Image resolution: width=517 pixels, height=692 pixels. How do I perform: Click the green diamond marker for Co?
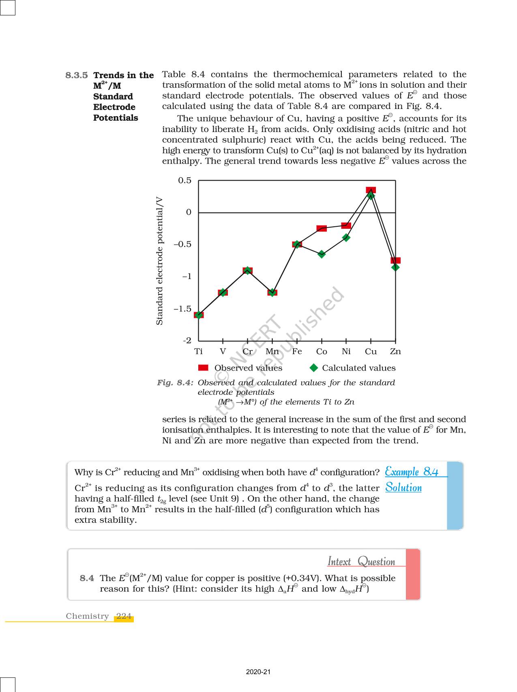point(322,254)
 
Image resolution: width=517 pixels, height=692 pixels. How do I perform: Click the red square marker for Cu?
point(371,190)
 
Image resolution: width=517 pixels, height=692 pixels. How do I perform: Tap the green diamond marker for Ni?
point(346,238)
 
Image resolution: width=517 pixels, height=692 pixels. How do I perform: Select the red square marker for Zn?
point(396,260)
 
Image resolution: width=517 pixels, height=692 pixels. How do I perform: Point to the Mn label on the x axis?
point(272,351)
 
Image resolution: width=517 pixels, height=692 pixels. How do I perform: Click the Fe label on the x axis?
point(297,351)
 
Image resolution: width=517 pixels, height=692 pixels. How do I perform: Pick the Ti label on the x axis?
point(198,351)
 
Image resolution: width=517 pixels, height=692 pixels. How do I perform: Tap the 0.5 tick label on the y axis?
point(184,181)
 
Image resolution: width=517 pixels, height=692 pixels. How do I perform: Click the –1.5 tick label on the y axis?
point(182,309)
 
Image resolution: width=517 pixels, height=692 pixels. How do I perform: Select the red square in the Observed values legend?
point(203,368)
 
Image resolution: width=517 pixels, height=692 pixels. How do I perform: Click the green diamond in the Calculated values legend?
point(314,368)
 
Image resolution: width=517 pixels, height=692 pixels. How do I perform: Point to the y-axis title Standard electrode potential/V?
point(160,261)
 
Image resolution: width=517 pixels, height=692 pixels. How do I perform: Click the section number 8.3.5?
point(77,75)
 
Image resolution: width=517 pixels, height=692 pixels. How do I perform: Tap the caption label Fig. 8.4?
point(175,383)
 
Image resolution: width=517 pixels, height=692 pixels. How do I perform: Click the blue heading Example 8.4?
point(412,472)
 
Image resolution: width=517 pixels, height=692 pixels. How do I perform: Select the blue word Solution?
point(403,487)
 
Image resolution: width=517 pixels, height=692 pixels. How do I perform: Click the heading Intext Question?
point(361,562)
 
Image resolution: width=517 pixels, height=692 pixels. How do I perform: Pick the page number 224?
point(124,616)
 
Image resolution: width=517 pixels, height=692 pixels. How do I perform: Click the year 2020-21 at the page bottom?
point(258,672)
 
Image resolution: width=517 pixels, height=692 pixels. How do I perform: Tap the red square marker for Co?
point(322,228)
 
